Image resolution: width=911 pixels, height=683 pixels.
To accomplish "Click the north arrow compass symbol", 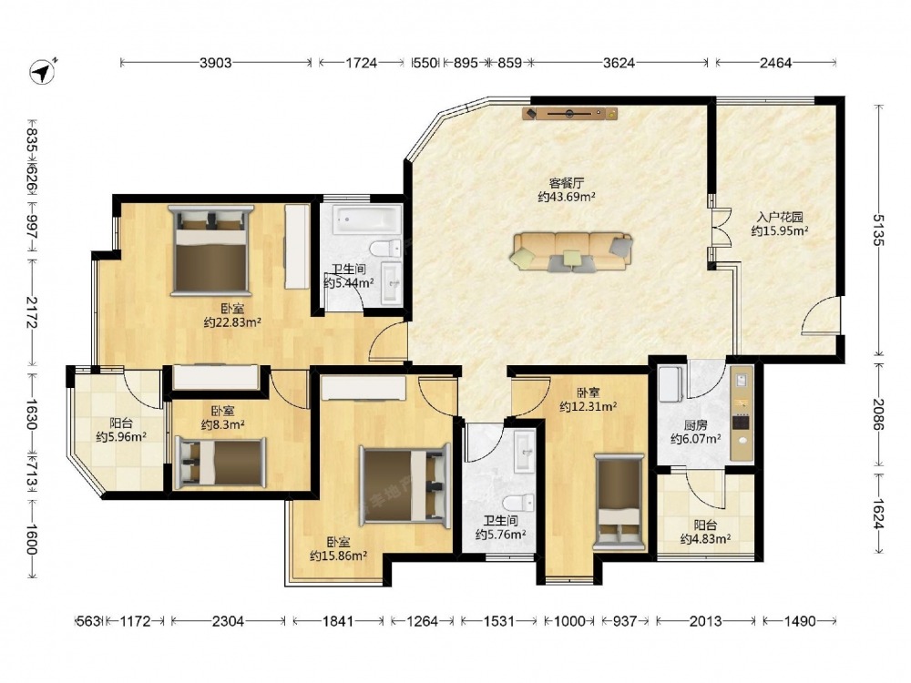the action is [x=42, y=72].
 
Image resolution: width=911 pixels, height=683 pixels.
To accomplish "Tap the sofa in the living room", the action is [x=572, y=252].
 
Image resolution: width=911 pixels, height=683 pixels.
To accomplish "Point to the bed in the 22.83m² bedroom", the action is [x=211, y=250].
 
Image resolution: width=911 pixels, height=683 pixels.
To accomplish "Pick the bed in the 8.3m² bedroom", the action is [x=220, y=462].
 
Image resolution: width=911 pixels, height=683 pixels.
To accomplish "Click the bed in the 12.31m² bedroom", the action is [x=619, y=502].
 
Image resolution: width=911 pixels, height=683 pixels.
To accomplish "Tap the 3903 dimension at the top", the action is [x=216, y=63].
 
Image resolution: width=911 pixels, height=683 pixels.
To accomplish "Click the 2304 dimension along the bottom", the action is [x=228, y=621].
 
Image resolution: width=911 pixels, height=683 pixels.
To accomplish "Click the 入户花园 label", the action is [x=780, y=218].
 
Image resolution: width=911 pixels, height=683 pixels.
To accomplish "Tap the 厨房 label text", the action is [x=695, y=425].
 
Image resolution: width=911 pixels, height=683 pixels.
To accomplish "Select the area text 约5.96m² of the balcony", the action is [x=121, y=436].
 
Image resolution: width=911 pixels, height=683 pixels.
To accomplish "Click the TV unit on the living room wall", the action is [x=570, y=113].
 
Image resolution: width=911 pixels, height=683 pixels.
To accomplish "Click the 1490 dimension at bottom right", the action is [x=800, y=621].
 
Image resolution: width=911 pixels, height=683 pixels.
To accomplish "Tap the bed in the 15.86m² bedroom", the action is [x=405, y=486].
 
